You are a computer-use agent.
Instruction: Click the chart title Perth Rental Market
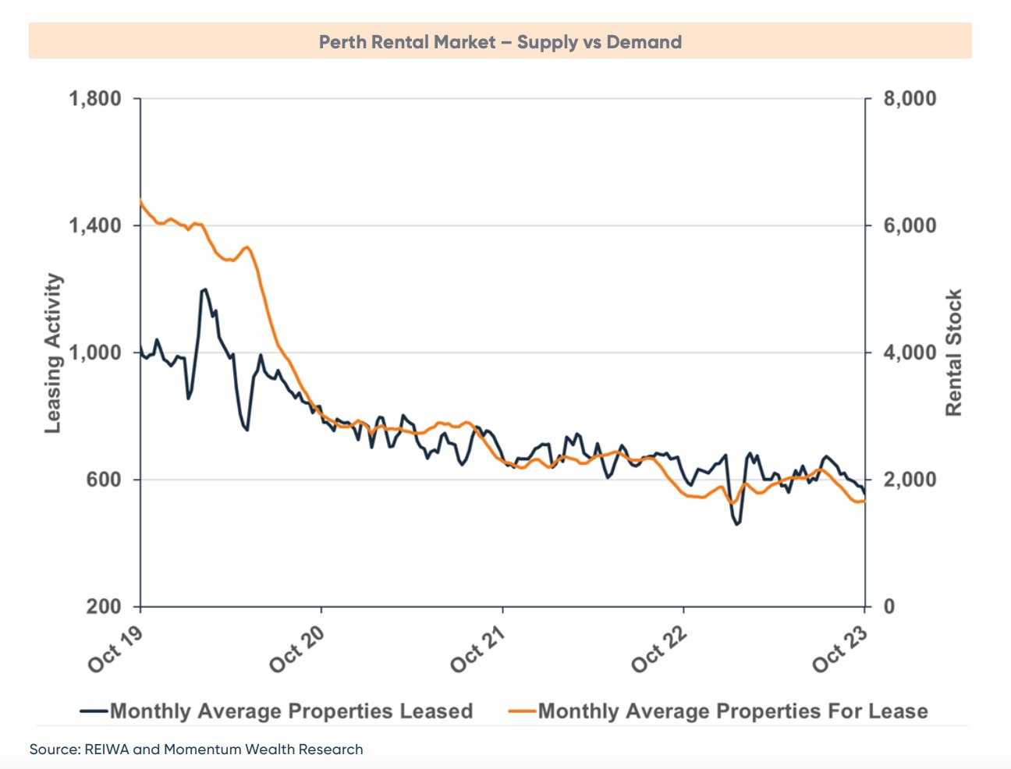pos(500,42)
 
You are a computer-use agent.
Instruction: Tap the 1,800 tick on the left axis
pos(95,99)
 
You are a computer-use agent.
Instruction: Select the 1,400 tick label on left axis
pos(95,226)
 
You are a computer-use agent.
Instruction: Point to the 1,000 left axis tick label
pos(95,353)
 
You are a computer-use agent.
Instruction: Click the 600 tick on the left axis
pos(105,480)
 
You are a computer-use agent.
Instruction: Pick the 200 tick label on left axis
pos(105,607)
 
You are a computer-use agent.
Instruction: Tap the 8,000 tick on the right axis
pos(910,99)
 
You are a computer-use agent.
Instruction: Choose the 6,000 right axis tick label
pos(910,226)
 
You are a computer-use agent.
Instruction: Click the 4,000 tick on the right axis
pos(910,353)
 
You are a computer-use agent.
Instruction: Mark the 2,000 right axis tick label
pos(910,480)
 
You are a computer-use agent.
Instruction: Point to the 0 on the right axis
pos(889,607)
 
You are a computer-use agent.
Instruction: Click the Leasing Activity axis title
pos(52,353)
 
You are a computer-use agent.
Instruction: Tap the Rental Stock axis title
pos(953,353)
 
